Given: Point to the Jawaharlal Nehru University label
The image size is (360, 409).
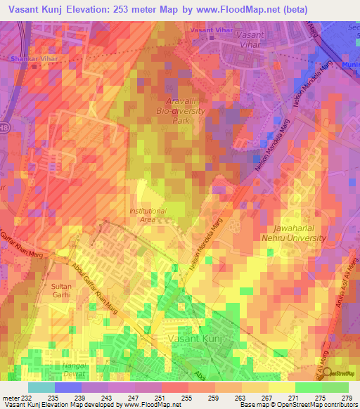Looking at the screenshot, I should pos(299,233).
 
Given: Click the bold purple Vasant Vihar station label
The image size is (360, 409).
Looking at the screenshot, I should pos(210,32).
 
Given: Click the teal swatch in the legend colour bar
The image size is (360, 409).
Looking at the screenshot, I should pos(41,387).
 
